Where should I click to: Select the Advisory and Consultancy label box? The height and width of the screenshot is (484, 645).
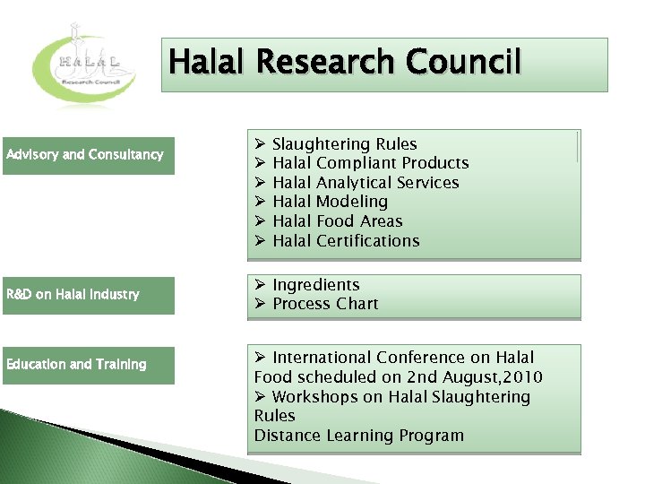click(x=88, y=155)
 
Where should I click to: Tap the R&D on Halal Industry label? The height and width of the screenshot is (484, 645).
click(x=88, y=295)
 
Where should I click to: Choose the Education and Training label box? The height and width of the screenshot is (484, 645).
click(x=88, y=365)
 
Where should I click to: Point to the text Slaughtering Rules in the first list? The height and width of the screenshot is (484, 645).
click(x=344, y=144)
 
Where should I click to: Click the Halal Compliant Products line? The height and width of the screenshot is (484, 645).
click(x=370, y=163)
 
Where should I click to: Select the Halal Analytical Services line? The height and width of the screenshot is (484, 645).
click(x=365, y=183)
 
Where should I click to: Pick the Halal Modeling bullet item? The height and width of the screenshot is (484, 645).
click(x=330, y=202)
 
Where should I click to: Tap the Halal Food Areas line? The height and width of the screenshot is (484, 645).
click(x=337, y=221)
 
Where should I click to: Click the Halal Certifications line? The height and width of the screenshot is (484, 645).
click(x=345, y=241)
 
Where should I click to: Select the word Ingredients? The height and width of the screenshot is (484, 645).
click(x=315, y=285)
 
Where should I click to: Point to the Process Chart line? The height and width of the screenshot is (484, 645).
click(x=325, y=304)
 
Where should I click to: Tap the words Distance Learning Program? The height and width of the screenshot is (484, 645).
click(x=358, y=436)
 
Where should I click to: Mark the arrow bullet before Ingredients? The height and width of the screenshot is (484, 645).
click(x=260, y=285)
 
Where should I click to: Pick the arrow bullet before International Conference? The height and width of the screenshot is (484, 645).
click(x=260, y=359)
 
